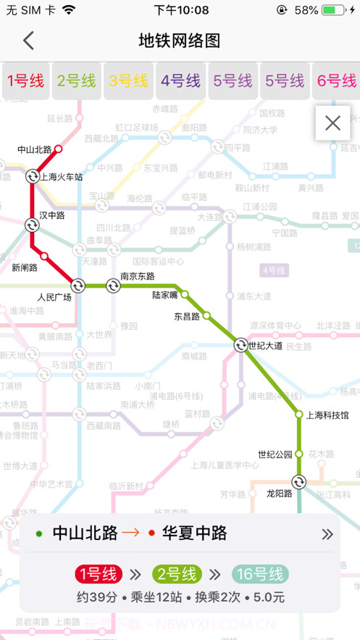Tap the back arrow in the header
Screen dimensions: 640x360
pos(28,41)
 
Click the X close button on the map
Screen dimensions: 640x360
pos(332,123)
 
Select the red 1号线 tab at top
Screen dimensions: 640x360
pos(26,81)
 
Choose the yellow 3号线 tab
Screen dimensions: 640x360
pos(128,81)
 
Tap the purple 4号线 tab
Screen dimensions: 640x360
pos(180,81)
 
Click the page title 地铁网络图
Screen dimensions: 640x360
pos(179,41)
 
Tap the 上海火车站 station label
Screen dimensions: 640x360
pos(62,177)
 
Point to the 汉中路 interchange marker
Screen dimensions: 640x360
pos(33,225)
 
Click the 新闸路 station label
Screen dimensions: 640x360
pos(25,267)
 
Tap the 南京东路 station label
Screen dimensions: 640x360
pos(137,275)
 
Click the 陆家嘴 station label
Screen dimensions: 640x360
pos(165,295)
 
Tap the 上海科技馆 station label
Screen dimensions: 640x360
pos(327,415)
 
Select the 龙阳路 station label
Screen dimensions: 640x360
pos(278,494)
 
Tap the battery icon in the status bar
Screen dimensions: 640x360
pos(332,10)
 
